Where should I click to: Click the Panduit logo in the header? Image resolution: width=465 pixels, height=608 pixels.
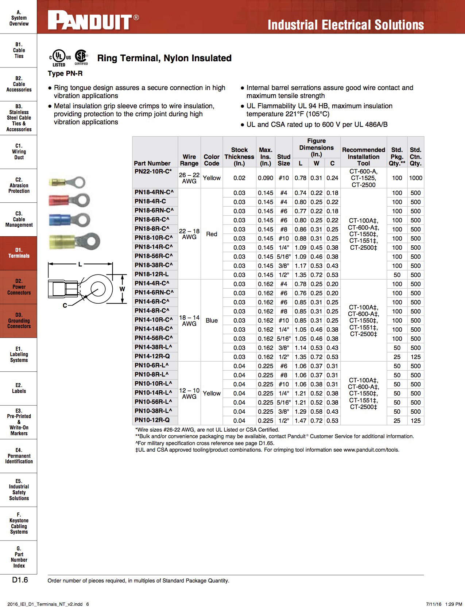click(x=90, y=22)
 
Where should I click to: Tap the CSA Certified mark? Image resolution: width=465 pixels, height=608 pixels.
click(x=81, y=57)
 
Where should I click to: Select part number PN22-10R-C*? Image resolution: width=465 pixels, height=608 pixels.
click(x=153, y=171)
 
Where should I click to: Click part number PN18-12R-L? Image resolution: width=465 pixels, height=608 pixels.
click(x=151, y=274)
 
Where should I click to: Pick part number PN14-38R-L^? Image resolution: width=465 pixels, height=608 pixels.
click(x=153, y=347)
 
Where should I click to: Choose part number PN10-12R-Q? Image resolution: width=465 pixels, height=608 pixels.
click(x=152, y=420)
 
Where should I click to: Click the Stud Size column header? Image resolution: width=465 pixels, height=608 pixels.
click(x=283, y=160)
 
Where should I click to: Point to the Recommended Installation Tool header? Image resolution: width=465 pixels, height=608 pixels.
click(x=363, y=156)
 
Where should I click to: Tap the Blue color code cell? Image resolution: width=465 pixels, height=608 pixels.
click(x=212, y=320)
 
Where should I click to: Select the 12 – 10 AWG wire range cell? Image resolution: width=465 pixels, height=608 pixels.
click(x=189, y=393)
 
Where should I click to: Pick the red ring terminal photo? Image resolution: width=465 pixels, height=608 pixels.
click(x=69, y=200)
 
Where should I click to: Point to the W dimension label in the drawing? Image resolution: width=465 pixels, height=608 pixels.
click(x=122, y=289)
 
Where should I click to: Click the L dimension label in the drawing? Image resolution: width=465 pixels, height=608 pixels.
click(x=80, y=264)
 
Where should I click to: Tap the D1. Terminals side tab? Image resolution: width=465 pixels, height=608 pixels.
click(x=19, y=253)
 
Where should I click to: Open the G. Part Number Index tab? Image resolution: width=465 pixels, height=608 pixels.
click(x=19, y=557)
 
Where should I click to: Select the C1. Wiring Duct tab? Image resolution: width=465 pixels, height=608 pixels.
click(x=19, y=152)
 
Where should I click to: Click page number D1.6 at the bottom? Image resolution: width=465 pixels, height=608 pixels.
click(x=20, y=580)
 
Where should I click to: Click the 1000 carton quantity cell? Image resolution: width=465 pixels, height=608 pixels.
click(x=415, y=178)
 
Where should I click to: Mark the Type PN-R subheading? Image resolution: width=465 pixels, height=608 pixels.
click(x=65, y=73)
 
